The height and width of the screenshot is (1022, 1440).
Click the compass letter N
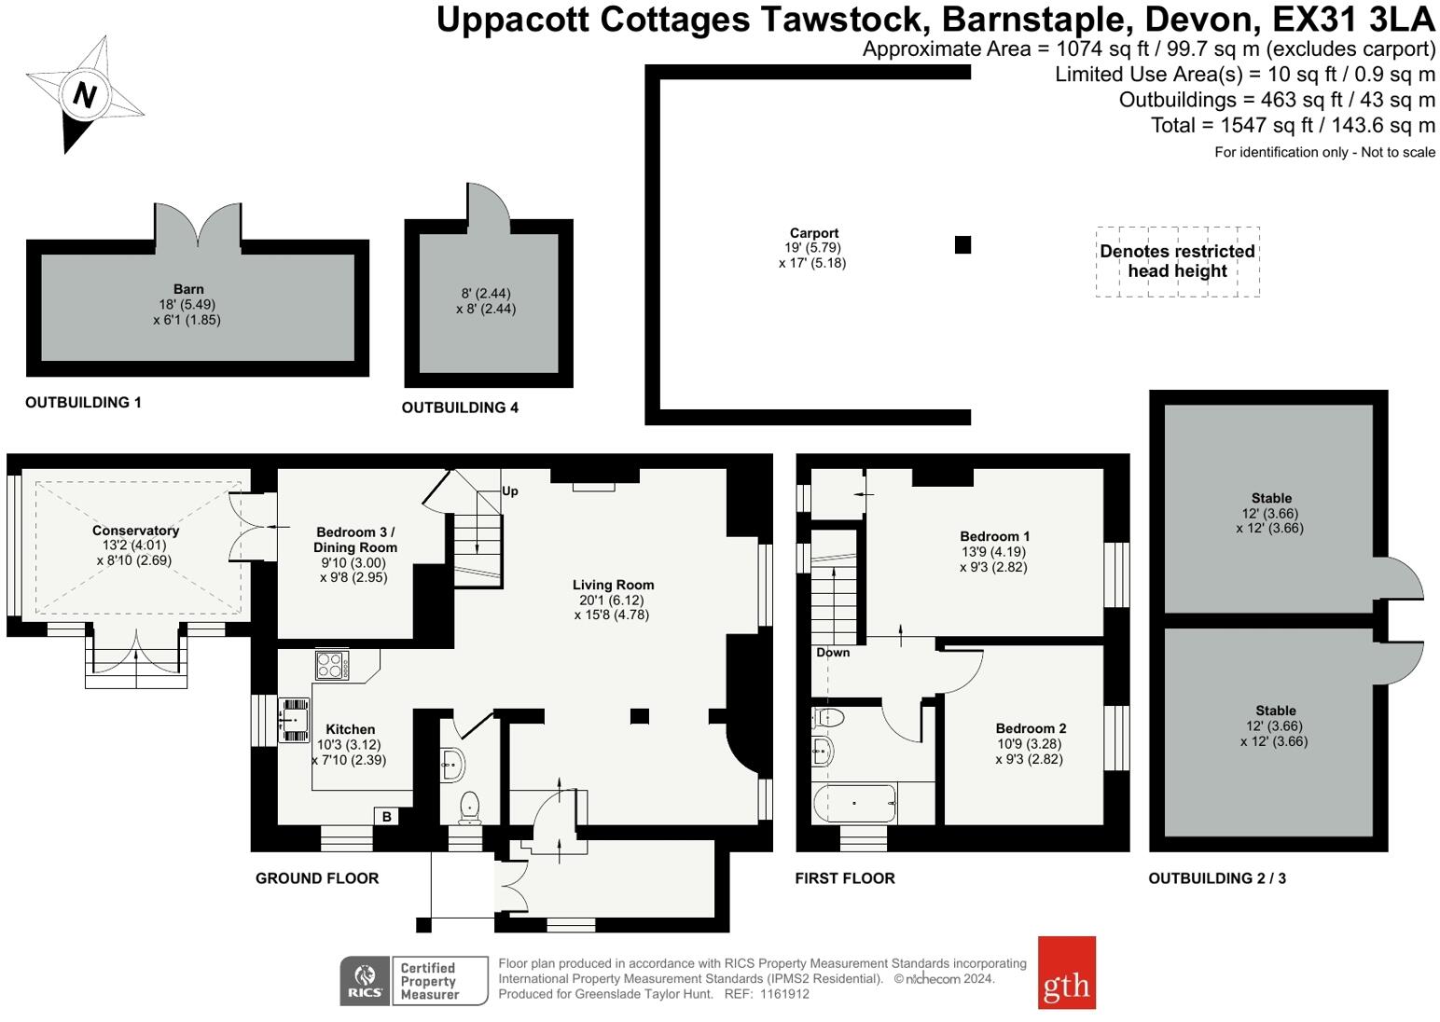pos(86,94)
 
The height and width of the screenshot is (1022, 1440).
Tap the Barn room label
pos(187,289)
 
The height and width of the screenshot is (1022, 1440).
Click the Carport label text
pos(813,233)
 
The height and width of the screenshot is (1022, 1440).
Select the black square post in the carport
pos(962,244)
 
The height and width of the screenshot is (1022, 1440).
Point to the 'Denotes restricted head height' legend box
pos(1177,261)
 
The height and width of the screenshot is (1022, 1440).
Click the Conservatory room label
pos(135,531)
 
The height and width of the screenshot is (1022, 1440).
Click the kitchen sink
pos(297,720)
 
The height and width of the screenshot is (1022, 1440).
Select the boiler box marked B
pos(387,817)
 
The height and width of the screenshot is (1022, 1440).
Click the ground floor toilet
pos(469,808)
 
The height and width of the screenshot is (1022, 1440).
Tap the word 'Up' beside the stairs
pos(509,491)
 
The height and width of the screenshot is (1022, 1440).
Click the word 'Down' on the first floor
pos(833,653)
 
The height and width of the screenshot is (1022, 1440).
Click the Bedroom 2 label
pos(1031,728)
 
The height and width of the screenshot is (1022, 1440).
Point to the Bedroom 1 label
pos(994,536)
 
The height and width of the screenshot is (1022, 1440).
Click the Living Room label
pos(613,585)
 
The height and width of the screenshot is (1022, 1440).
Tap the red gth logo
pos(1066,973)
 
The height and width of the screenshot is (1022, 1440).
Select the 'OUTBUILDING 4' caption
pos(460,407)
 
